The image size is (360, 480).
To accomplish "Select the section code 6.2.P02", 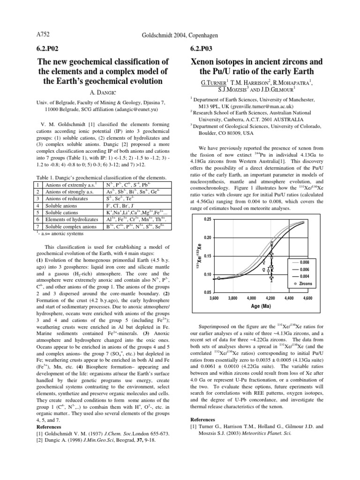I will (50, 49).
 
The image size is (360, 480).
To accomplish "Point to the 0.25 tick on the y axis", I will (207, 219).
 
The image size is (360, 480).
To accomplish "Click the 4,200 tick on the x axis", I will (270, 298).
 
